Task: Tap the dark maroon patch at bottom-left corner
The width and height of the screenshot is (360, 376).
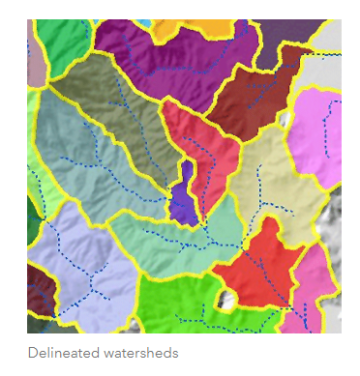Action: click(x=39, y=290)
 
